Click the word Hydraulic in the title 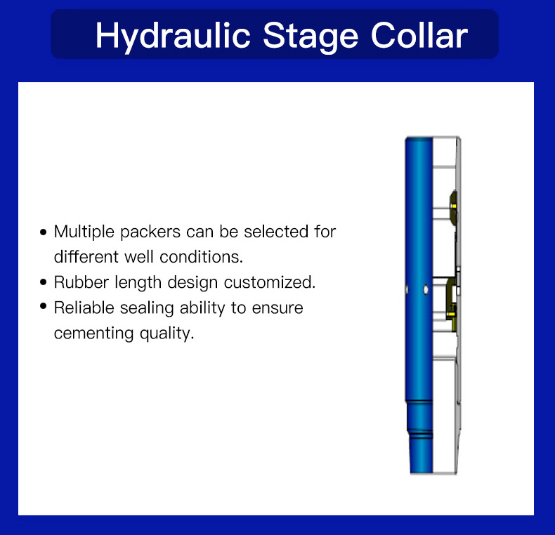pyautogui.click(x=173, y=37)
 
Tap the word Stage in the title pyautogui.click(x=311, y=37)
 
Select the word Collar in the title pyautogui.click(x=419, y=35)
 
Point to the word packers pyautogui.click(x=150, y=232)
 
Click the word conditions pyautogui.click(x=201, y=257)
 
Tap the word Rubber pyautogui.click(x=81, y=282)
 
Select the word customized pyautogui.click(x=269, y=282)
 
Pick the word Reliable pyautogui.click(x=84, y=308)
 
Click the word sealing pyautogui.click(x=147, y=308)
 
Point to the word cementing pyautogui.click(x=93, y=333)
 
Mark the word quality pyautogui.click(x=166, y=333)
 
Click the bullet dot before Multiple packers pyautogui.click(x=43, y=232)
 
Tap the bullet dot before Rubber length pyautogui.click(x=43, y=282)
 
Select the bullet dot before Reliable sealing pyautogui.click(x=43, y=306)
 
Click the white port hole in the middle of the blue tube pyautogui.click(x=426, y=289)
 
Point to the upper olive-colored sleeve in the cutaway pyautogui.click(x=453, y=208)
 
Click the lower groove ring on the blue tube pyautogui.click(x=420, y=434)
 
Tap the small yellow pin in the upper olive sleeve pyautogui.click(x=454, y=206)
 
